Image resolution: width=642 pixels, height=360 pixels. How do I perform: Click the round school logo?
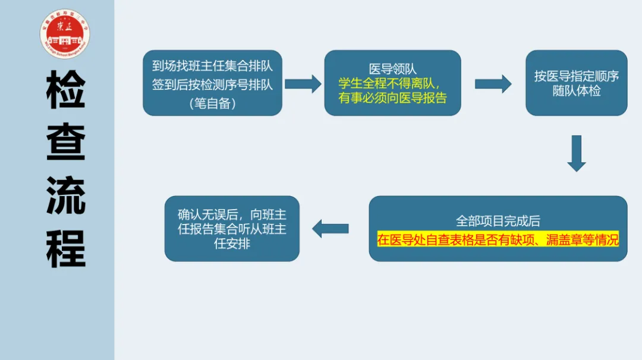pyautogui.click(x=65, y=34)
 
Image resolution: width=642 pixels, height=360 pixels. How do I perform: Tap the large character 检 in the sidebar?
pyautogui.click(x=66, y=90)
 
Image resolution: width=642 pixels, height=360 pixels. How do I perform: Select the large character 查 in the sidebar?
pyautogui.click(x=66, y=143)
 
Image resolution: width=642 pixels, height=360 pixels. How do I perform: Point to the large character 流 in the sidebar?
pyautogui.click(x=66, y=195)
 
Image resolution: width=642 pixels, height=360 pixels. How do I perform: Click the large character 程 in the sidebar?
pyautogui.click(x=66, y=248)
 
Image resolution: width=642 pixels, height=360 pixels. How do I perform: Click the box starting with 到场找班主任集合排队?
pyautogui.click(x=212, y=83)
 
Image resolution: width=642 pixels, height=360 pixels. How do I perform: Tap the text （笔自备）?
pyautogui.click(x=212, y=103)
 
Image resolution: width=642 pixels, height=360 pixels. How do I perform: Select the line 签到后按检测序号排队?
pyautogui.click(x=212, y=84)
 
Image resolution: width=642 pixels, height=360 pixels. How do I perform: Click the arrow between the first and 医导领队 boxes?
pyautogui.click(x=303, y=84)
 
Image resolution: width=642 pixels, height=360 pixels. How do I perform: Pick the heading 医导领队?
pyautogui.click(x=392, y=69)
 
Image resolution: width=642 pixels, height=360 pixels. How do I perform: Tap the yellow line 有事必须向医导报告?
pyautogui.click(x=392, y=97)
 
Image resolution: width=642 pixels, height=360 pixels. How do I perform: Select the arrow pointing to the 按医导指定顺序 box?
pyautogui.click(x=493, y=84)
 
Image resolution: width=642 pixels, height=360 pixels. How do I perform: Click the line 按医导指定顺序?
pyautogui.click(x=576, y=76)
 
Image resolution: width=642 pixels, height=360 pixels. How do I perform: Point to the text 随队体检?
pyautogui.click(x=576, y=91)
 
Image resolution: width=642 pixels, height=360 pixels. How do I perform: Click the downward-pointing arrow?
pyautogui.click(x=576, y=153)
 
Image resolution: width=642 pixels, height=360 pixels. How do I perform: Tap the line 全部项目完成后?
pyautogui.click(x=498, y=221)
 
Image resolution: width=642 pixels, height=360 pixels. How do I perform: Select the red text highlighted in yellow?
pyautogui.click(x=498, y=239)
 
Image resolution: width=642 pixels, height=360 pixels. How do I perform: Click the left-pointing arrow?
pyautogui.click(x=331, y=228)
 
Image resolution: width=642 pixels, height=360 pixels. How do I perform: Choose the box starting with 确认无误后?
pyautogui.click(x=232, y=228)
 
